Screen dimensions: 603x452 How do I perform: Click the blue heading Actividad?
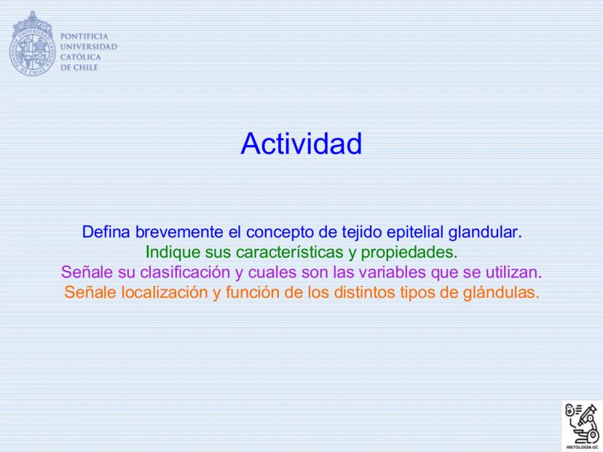(301, 143)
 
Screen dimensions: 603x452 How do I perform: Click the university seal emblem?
(32, 43)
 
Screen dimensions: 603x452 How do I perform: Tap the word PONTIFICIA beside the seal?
(84, 36)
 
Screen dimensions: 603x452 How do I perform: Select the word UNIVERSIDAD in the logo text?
(89, 47)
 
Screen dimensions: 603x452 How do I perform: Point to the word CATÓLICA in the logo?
(80, 57)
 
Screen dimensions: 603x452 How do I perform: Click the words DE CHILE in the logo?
(79, 67)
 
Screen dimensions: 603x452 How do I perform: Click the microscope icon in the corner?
(582, 425)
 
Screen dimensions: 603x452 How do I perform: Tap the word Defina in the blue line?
(106, 232)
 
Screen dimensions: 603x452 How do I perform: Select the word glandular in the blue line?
(485, 232)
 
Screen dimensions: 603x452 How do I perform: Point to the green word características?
(290, 252)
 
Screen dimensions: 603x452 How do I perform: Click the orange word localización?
(165, 292)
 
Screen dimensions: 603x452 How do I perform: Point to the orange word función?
(252, 292)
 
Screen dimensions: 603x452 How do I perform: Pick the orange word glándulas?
(501, 292)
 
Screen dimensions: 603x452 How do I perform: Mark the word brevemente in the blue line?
(179, 232)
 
